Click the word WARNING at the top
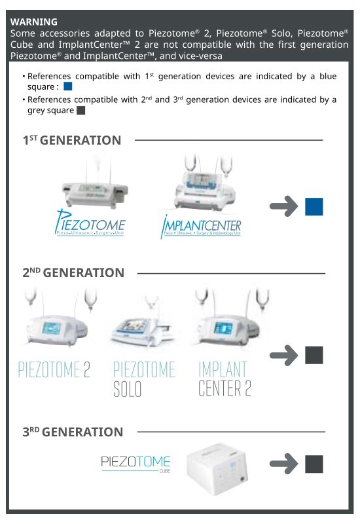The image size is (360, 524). click(x=33, y=22)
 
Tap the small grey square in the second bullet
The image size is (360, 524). click(x=81, y=110)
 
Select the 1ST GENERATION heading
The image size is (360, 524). click(x=72, y=140)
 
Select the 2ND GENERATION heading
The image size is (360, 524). click(x=73, y=272)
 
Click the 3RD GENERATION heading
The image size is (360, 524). click(x=73, y=432)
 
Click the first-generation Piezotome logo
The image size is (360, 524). click(x=90, y=224)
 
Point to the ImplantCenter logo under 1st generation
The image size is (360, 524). click(x=200, y=226)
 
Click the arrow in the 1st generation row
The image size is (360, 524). click(x=283, y=207)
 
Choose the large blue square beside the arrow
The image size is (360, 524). click(x=314, y=207)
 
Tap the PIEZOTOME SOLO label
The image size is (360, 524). click(x=144, y=379)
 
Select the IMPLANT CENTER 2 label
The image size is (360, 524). click(x=225, y=379)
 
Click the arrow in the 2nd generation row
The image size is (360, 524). click(x=283, y=355)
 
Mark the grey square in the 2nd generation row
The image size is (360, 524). click(x=314, y=355)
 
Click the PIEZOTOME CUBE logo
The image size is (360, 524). click(x=135, y=464)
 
